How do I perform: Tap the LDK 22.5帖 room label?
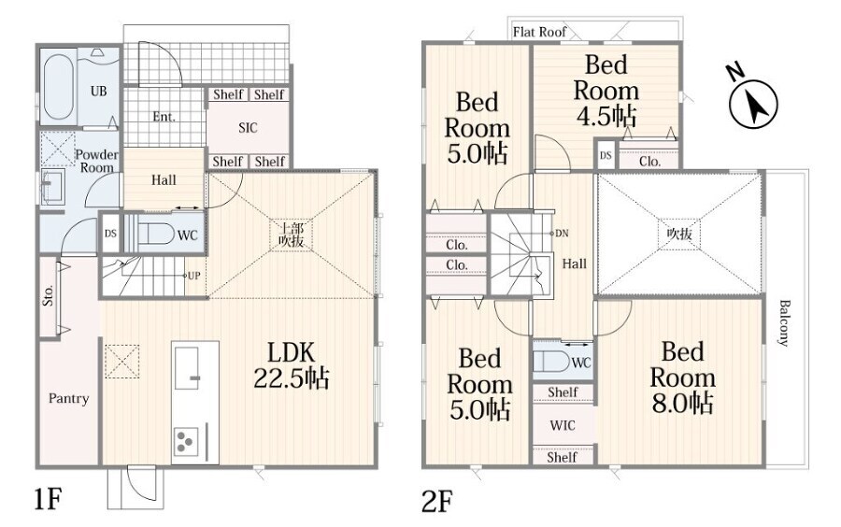(292, 365)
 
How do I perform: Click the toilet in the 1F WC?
(154, 234)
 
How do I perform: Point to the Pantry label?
(68, 398)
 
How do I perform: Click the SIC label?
(248, 128)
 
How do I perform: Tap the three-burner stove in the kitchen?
(186, 442)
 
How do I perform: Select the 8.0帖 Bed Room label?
(682, 377)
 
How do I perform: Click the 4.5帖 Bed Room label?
(606, 90)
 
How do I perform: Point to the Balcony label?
(785, 322)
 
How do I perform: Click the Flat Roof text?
(539, 32)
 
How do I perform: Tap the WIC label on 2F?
(563, 426)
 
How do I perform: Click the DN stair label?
(562, 234)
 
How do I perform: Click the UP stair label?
(193, 276)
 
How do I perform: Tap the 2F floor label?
(437, 501)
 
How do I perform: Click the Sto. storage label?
(49, 295)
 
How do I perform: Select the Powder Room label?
(96, 161)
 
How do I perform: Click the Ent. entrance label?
(164, 117)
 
